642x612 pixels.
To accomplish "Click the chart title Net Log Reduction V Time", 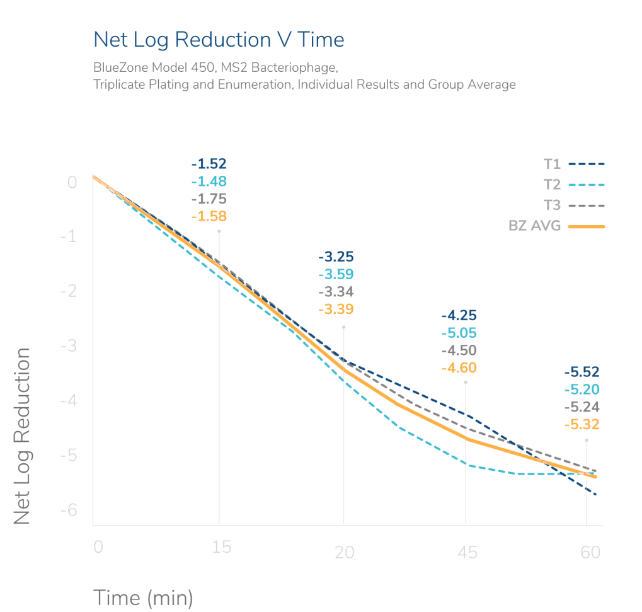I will [219, 40].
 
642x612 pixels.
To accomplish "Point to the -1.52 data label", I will [209, 165].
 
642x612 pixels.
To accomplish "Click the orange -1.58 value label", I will [209, 216].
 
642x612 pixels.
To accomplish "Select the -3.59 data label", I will [336, 274].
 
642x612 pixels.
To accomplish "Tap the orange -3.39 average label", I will [336, 309].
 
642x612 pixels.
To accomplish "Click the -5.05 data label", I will [459, 333].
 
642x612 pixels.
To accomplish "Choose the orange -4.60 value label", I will [459, 368].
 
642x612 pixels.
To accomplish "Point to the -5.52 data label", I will [582, 372].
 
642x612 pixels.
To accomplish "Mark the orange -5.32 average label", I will [582, 425].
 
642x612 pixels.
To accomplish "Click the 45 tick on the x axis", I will [467, 553].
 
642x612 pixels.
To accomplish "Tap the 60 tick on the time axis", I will [590, 553].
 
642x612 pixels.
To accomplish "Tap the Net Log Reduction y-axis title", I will [23, 435].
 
